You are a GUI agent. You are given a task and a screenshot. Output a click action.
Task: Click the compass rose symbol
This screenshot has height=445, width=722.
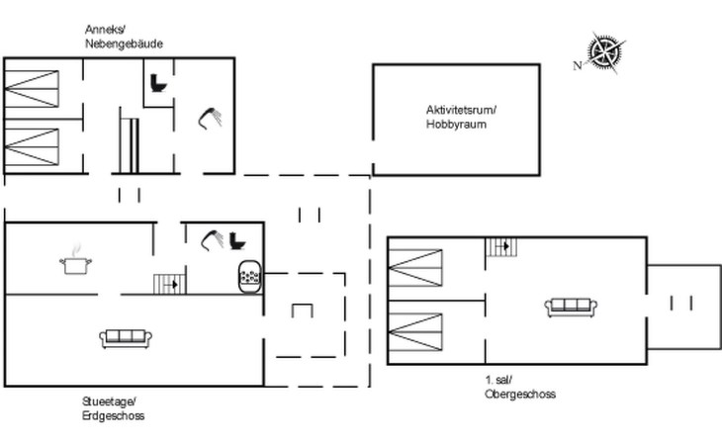[x=605, y=52]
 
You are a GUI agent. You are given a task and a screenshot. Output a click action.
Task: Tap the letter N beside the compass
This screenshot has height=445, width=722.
[x=578, y=66]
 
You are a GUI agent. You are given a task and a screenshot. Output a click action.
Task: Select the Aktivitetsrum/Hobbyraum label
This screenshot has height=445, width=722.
[x=461, y=117]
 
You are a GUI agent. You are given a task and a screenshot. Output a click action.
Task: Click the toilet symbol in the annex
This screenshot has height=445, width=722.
[x=158, y=83]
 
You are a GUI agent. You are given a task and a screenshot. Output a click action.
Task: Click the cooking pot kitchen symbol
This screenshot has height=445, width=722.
[x=75, y=261]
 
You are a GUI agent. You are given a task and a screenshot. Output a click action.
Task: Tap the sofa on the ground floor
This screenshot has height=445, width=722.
[x=126, y=338]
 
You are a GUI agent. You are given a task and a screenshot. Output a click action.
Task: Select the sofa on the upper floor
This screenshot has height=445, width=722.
[x=571, y=307]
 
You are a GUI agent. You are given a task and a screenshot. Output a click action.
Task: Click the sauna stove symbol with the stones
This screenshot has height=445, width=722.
[x=250, y=277]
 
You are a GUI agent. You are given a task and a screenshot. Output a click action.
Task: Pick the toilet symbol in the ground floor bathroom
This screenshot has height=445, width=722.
[x=237, y=240]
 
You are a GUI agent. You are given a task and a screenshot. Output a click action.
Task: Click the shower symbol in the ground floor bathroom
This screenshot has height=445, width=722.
[x=213, y=240]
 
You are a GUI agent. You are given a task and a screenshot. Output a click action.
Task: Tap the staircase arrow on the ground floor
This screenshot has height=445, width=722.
[x=173, y=285]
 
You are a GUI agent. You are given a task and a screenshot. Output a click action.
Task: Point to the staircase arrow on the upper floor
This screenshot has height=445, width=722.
[x=504, y=246]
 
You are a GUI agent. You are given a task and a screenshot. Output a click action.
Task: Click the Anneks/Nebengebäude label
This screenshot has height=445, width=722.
[x=124, y=37]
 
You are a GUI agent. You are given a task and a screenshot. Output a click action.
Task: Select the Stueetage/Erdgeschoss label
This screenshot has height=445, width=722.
[x=114, y=408]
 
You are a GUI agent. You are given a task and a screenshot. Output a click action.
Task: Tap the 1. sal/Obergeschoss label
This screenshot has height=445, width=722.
[x=520, y=387]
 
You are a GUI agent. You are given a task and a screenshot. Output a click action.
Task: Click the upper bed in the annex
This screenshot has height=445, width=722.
[x=32, y=89]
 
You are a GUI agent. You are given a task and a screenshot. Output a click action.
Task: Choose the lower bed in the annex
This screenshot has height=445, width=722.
[x=32, y=146]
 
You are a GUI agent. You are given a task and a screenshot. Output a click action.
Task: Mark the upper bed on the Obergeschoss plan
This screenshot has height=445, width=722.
[x=415, y=268]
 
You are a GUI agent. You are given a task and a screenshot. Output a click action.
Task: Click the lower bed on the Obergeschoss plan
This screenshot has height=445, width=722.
[x=415, y=332]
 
